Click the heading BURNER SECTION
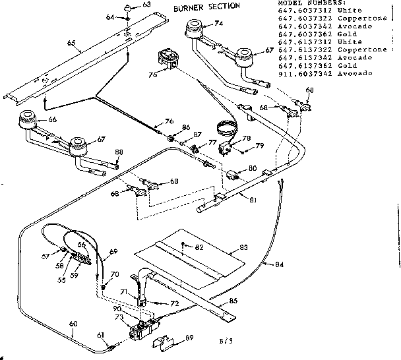(x=206, y=7)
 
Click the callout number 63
(x=146, y=5)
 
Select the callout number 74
(x=219, y=23)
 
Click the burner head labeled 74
(x=195, y=28)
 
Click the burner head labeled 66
(x=28, y=121)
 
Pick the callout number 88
(x=119, y=153)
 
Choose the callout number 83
(x=243, y=247)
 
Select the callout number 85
(x=233, y=303)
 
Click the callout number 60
(x=72, y=323)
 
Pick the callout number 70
(x=115, y=274)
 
